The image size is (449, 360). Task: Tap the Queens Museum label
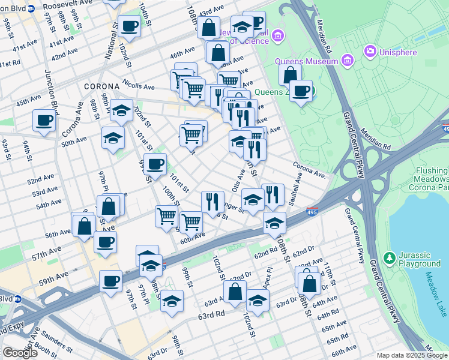pyautogui.click(x=306, y=61)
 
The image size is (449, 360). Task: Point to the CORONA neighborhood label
pyautogui.click(x=102, y=86)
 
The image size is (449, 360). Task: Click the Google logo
pyautogui.click(x=19, y=352)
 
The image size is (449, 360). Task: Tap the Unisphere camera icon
pyautogui.click(x=369, y=52)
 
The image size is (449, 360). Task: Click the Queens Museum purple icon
pyautogui.click(x=346, y=60)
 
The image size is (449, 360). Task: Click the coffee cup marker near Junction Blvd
pyautogui.click(x=44, y=120)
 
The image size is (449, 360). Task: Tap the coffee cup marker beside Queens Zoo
pyautogui.click(x=301, y=91)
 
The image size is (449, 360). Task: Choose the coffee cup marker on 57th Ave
pyautogui.click(x=105, y=242)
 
